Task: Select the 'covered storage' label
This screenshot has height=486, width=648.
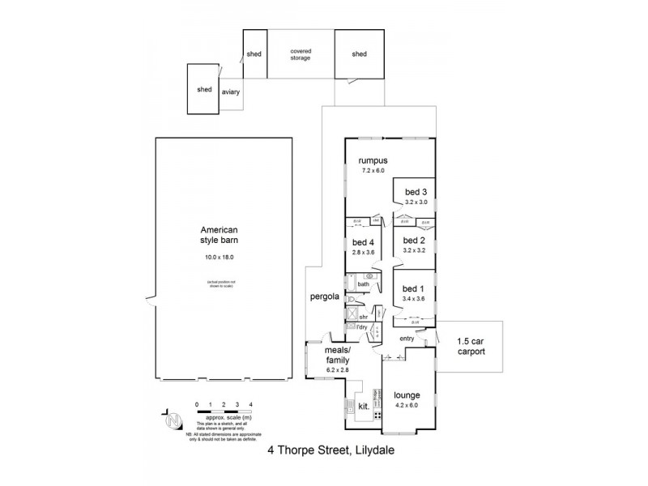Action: click(301, 54)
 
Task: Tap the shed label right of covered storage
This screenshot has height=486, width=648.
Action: click(359, 54)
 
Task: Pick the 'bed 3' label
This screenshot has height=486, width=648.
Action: click(416, 191)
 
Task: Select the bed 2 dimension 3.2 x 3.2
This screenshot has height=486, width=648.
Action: click(414, 250)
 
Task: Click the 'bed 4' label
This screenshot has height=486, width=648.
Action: click(361, 241)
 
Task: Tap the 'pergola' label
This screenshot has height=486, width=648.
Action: click(323, 296)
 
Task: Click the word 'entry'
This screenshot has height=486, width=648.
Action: click(407, 337)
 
